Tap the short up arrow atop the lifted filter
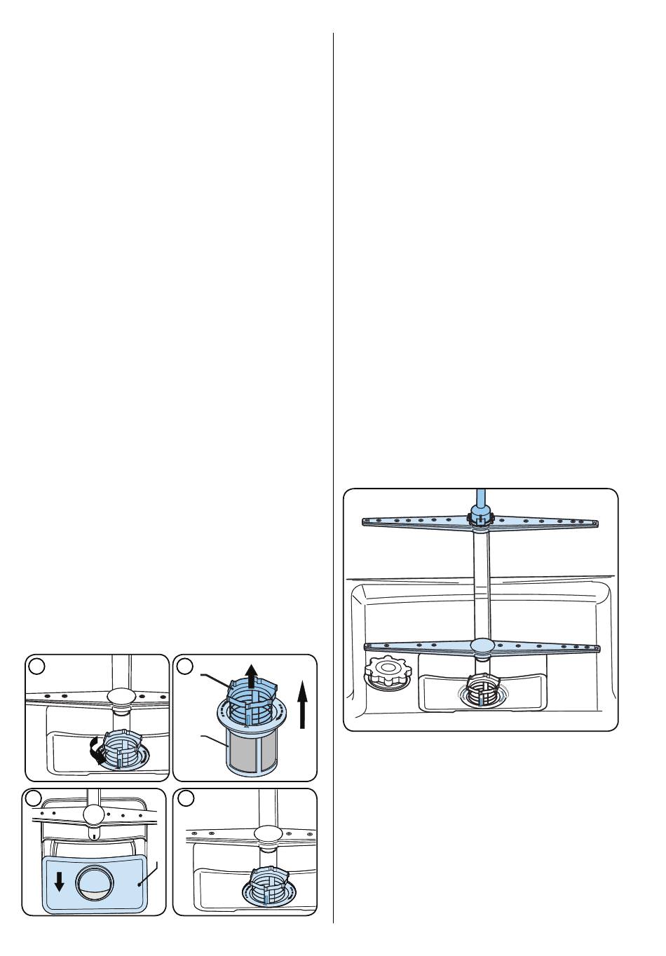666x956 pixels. click(x=251, y=677)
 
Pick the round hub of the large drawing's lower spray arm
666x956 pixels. click(x=483, y=644)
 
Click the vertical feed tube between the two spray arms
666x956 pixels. click(x=481, y=582)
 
